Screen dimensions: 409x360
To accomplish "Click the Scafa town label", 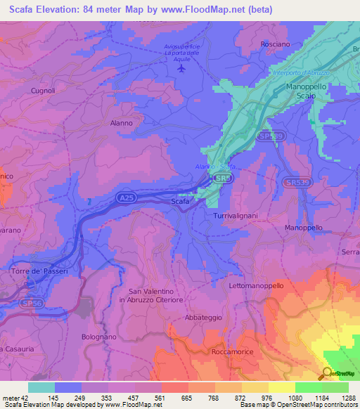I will point(180,202).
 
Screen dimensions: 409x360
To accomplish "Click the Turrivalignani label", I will point(236,216).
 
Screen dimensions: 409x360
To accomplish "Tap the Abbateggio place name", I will point(203,318).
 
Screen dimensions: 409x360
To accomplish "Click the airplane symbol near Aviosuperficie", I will point(183,69).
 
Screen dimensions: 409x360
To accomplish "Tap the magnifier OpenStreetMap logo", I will point(326,372).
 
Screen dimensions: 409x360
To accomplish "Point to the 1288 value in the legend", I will point(349,398).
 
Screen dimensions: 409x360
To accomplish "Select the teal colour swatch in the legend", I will point(41,387).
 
